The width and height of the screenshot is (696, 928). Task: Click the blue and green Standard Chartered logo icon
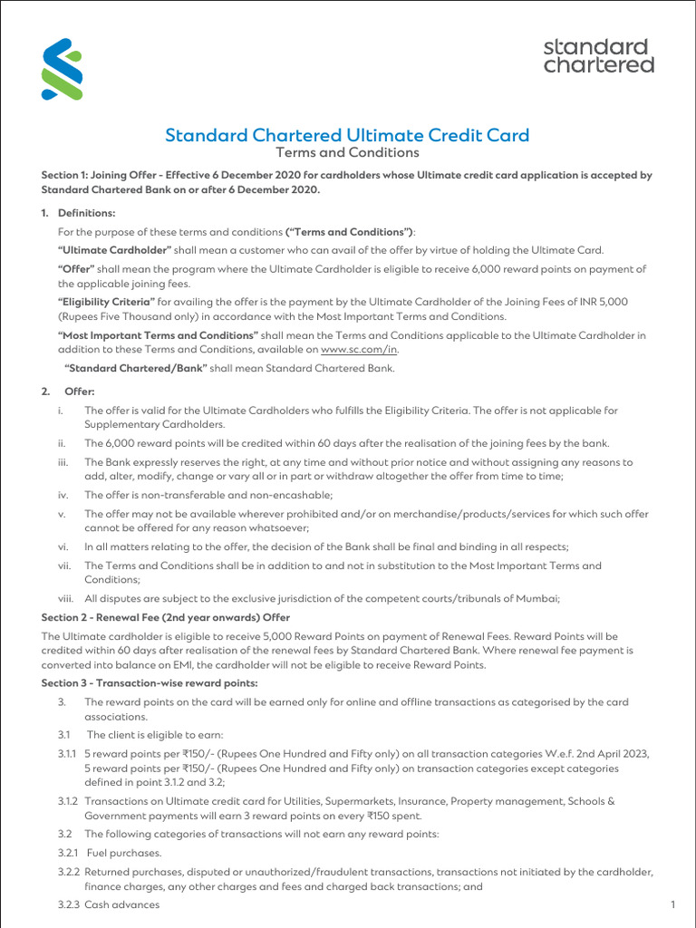coord(62,69)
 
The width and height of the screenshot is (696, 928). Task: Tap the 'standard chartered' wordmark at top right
coord(598,55)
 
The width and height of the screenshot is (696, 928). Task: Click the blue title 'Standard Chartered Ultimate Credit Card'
coord(347,135)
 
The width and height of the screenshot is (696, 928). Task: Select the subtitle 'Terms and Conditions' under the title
coord(347,153)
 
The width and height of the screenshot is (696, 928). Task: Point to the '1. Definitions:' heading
coord(79,213)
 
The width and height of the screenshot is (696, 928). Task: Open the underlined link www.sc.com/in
coord(359,349)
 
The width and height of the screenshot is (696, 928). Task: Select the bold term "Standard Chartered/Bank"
coord(137,368)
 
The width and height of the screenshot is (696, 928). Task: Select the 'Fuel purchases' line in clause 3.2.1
coord(123,853)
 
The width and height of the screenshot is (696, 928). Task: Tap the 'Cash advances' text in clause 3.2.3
coord(121,904)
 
